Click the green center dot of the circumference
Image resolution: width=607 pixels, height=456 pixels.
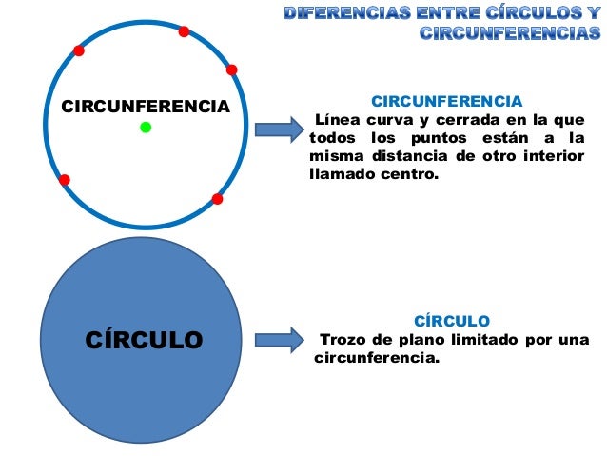pos(146,127)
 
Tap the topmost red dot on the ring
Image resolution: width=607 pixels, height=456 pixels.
pos(184,31)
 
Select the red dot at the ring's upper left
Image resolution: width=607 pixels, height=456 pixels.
pos(79,50)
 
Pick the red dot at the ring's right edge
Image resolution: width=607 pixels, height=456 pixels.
pos(231,69)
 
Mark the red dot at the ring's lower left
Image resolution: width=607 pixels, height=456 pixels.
pos(64,179)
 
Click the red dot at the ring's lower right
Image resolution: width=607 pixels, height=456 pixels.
pos(217,199)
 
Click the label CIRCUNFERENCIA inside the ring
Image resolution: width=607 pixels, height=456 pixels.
pos(146,106)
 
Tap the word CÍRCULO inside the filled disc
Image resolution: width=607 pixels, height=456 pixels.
pos(145,339)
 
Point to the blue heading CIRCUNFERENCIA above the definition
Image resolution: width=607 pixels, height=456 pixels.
pos(446,101)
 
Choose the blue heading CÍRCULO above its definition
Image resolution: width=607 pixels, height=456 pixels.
pos(452,321)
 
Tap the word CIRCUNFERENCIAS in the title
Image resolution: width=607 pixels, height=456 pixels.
pos(510,34)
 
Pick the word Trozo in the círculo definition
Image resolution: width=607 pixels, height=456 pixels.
pos(343,340)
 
